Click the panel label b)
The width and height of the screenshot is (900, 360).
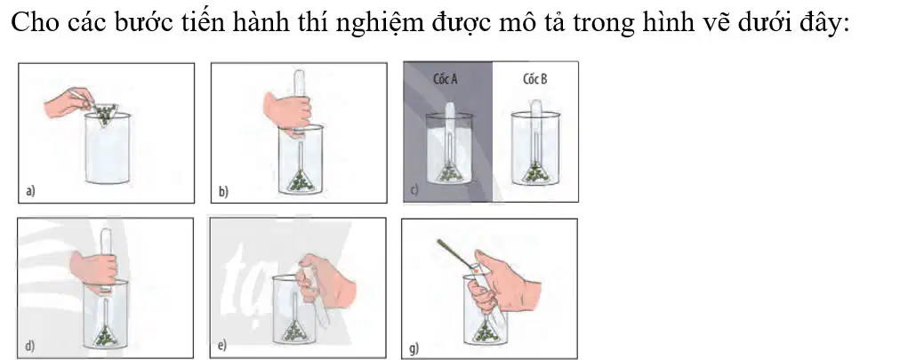coord(223,192)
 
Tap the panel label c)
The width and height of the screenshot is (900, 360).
coord(414,189)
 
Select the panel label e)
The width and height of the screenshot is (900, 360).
coord(222,345)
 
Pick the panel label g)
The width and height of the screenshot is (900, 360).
coord(414,348)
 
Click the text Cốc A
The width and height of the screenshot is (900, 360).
coord(445,79)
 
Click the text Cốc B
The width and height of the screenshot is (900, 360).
coord(535,79)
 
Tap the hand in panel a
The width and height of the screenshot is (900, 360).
coord(68,102)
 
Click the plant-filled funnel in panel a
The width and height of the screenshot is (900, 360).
coord(104,115)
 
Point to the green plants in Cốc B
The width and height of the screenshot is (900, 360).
coord(535,172)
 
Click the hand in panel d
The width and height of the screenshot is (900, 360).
coord(94,268)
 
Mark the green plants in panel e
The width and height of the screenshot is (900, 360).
coord(295,331)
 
